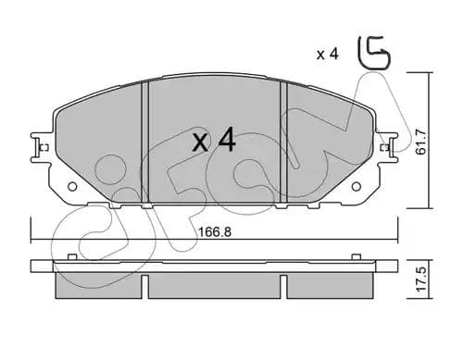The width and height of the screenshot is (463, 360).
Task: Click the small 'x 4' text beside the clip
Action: tap(327, 55)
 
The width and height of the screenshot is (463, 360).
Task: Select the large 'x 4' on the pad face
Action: tap(214, 142)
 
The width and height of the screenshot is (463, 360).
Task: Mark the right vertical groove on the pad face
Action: tap(284, 139)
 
